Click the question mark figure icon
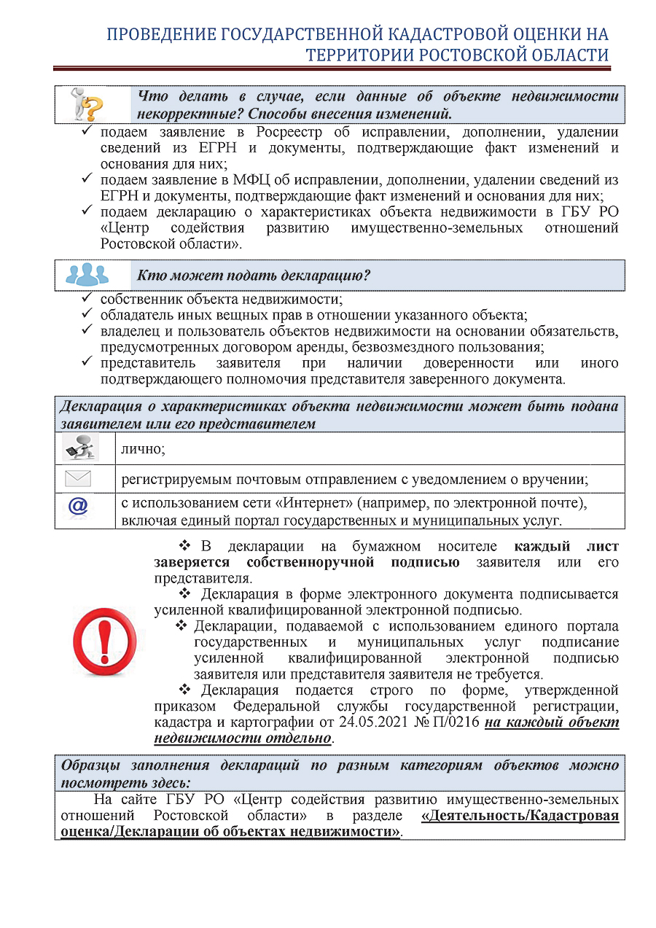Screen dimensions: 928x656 point(86,105)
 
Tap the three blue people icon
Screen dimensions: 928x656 point(87,275)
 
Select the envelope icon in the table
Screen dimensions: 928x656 point(77,479)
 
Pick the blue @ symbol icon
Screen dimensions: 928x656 point(77,508)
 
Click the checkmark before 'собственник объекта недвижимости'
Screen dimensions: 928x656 point(86,298)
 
